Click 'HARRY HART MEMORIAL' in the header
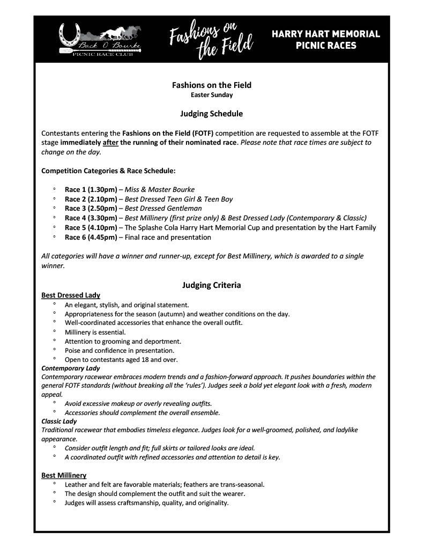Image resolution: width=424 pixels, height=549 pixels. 326,34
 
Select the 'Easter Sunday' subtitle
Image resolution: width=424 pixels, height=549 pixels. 212,95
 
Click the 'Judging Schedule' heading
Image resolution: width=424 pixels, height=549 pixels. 212,114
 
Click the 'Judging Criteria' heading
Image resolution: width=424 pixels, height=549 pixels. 212,285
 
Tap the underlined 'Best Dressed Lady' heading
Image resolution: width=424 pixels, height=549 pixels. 71,295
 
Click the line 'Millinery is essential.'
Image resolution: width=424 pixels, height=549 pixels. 95,332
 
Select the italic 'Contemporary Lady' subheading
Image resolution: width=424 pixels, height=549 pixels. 71,368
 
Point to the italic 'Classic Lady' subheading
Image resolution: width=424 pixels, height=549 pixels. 59,421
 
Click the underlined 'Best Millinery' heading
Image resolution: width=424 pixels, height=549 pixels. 64,475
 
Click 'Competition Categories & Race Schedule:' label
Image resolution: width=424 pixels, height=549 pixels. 108,171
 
